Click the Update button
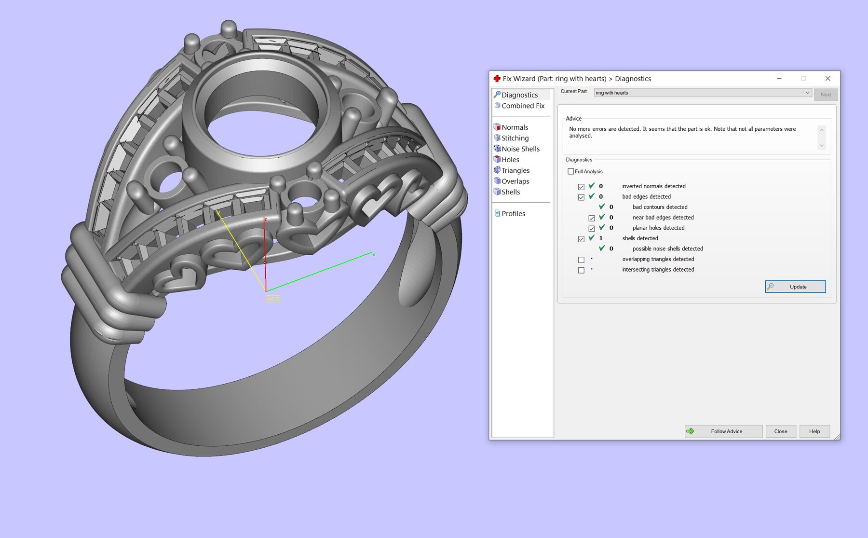[795, 287]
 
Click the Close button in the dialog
[780, 431]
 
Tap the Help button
[814, 431]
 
